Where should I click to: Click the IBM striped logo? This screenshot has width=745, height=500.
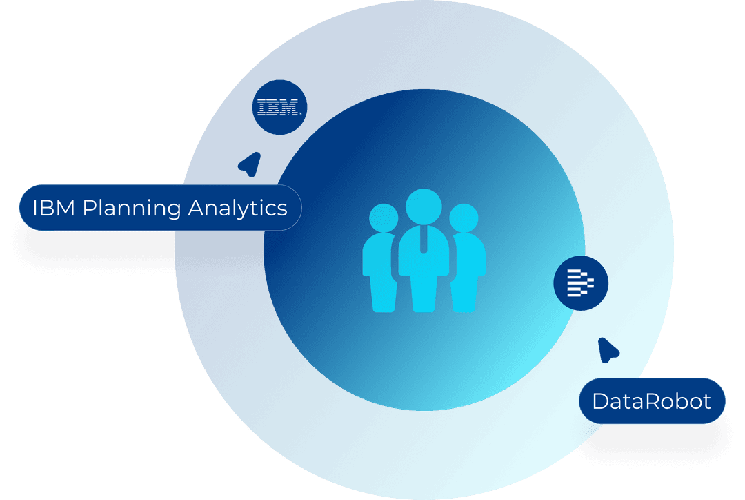277,108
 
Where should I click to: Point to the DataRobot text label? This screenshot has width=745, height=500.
651,401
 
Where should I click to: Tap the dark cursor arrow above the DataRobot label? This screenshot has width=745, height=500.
608,350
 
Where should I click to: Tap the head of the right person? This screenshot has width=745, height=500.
464,218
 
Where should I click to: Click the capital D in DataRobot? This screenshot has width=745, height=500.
600,401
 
